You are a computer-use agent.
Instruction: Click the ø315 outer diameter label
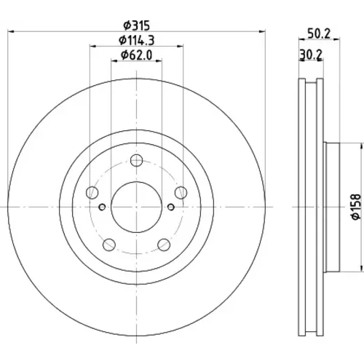pos(137,25)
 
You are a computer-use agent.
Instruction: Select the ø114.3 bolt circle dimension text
pos(137,40)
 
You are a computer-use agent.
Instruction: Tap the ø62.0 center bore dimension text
pos(137,55)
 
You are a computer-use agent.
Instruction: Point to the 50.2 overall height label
pos(319,33)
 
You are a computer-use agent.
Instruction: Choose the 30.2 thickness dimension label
pos(311,55)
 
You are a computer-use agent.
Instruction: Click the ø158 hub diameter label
pos(356,207)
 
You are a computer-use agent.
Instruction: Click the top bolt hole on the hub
pos(136,160)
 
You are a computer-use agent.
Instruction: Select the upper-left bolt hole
pos(92,193)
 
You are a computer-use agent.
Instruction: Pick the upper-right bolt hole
pos(181,193)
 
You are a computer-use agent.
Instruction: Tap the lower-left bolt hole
pos(109,245)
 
